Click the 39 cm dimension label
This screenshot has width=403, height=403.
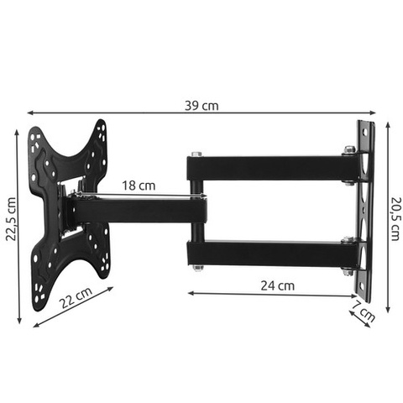click(201, 106)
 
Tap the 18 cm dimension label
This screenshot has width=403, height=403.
click(138, 185)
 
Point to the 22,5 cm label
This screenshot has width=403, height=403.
click(11, 219)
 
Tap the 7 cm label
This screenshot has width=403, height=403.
click(364, 315)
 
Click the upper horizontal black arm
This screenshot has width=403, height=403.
click(269, 169)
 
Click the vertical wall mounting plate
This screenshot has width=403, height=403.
click(365, 201)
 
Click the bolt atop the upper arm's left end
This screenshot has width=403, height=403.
click(196, 154)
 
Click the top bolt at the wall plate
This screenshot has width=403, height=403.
click(348, 150)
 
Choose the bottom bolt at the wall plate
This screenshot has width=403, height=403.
click(346, 270)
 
